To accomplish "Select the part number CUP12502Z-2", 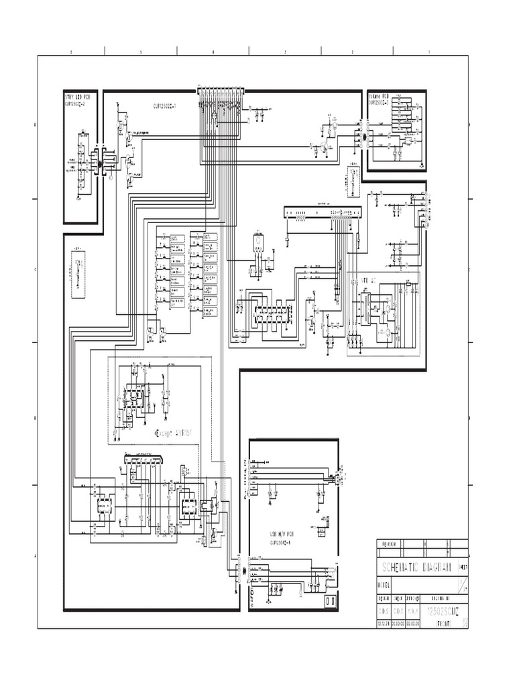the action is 77,104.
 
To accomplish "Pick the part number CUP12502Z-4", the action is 285,543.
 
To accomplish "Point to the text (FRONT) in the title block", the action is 439,623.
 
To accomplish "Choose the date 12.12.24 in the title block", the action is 384,623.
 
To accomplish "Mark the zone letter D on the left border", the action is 35,125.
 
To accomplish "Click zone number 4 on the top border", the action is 213,52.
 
